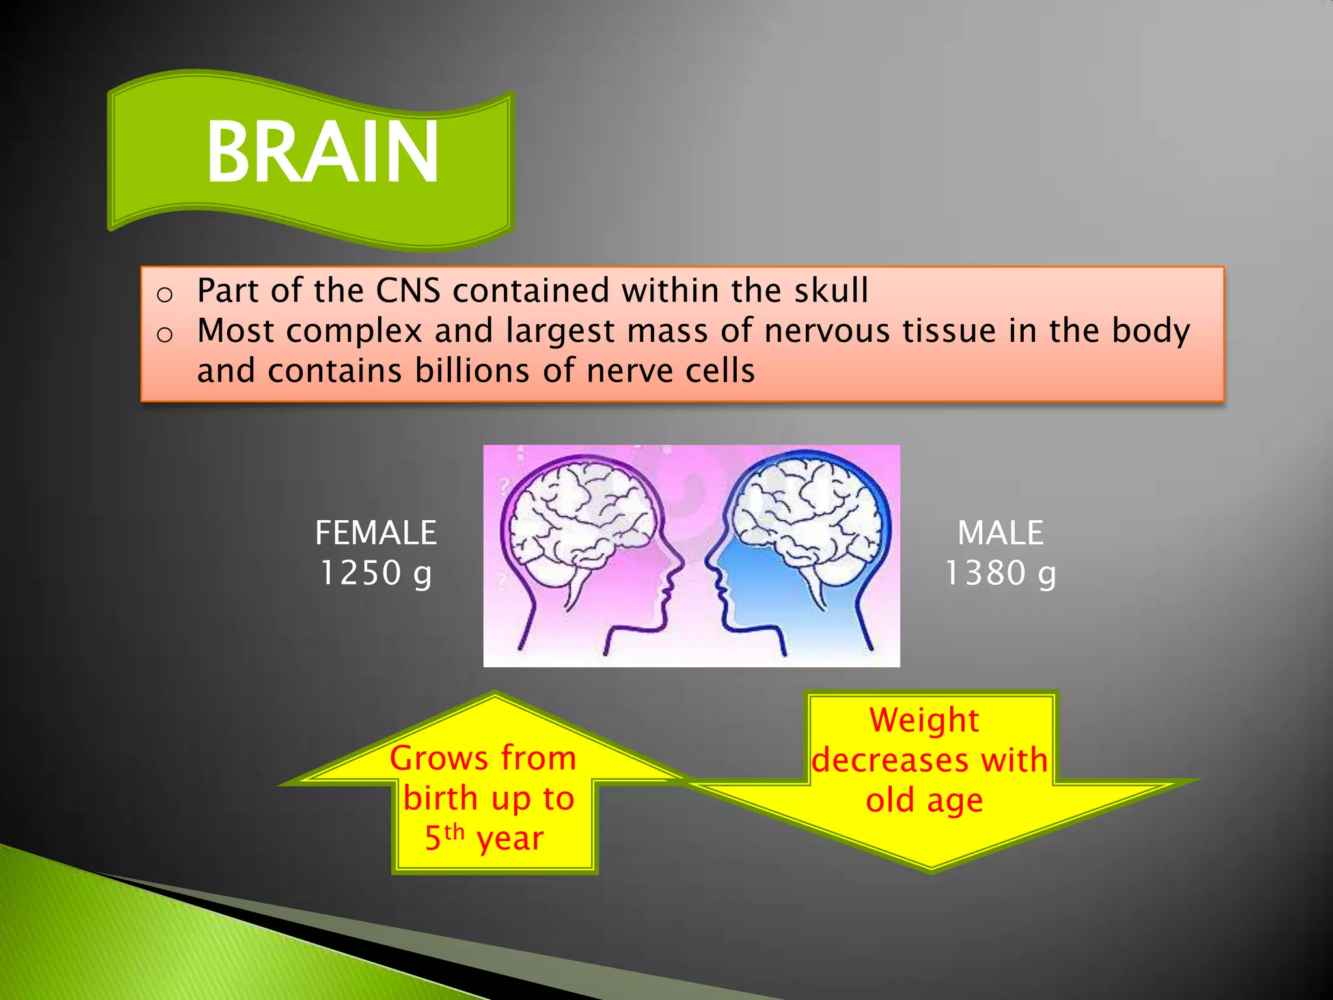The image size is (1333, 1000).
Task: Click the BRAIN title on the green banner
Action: point(322,153)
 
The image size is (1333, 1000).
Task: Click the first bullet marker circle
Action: point(165,295)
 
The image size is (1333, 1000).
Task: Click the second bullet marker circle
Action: point(165,335)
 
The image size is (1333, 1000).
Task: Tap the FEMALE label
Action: point(376,533)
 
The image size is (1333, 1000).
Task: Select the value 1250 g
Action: point(376,574)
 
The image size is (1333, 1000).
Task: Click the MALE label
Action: point(1000,533)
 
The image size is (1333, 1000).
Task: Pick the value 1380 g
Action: point(1000,574)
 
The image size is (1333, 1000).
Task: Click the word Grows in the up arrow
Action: point(438,758)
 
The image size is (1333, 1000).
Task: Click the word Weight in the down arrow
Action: point(924,720)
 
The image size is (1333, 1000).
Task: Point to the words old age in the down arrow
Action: point(924,800)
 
